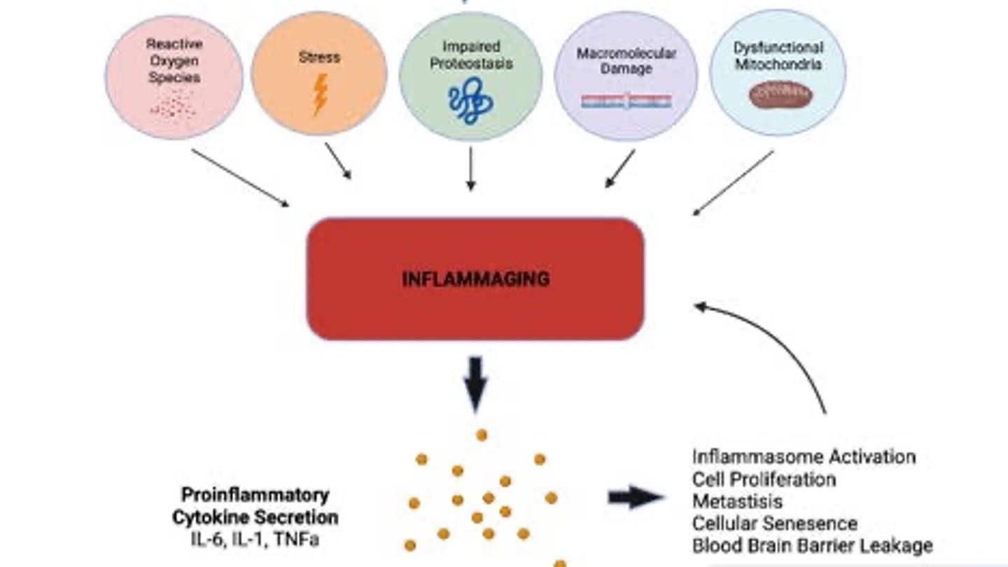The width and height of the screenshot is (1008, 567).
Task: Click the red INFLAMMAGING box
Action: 475,279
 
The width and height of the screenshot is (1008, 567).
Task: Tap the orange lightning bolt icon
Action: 320,94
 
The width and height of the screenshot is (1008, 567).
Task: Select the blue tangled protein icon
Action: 466,102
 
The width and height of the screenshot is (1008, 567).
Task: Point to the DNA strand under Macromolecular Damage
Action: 626,101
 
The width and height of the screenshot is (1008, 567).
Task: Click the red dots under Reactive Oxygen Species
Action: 173,105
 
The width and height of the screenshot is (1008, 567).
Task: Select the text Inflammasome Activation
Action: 804,457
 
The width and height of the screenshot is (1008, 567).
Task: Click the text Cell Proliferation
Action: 764,479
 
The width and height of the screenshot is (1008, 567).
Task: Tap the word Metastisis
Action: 737,501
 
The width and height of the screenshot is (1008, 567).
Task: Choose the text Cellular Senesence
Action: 775,523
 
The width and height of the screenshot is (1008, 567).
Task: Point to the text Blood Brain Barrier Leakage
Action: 812,545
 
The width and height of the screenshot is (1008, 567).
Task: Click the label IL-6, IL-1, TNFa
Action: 255,540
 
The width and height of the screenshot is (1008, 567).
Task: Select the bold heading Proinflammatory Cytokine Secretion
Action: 255,506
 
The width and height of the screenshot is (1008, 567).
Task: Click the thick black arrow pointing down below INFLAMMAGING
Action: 475,384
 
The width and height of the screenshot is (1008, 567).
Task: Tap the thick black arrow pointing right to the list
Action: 634,498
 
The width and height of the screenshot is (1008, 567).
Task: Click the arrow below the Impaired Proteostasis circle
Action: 470,169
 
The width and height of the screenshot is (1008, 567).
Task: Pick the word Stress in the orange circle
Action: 318,57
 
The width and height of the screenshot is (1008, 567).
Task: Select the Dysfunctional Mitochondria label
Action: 777,56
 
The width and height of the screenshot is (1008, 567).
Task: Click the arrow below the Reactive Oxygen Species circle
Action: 239,178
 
